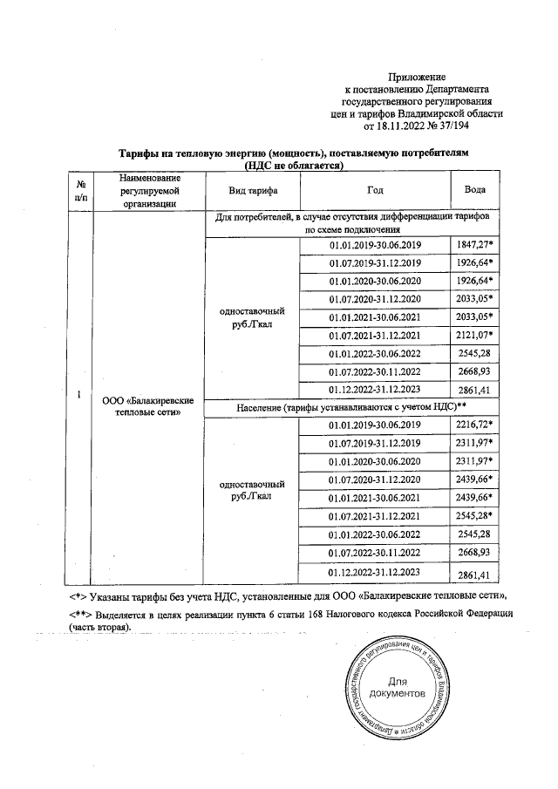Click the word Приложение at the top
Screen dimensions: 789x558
click(x=416, y=78)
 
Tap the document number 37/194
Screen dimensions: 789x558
click(x=447, y=126)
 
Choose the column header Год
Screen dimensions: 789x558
click(x=374, y=188)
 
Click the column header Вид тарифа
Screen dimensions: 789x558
click(x=252, y=188)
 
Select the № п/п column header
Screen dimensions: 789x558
click(x=80, y=189)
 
